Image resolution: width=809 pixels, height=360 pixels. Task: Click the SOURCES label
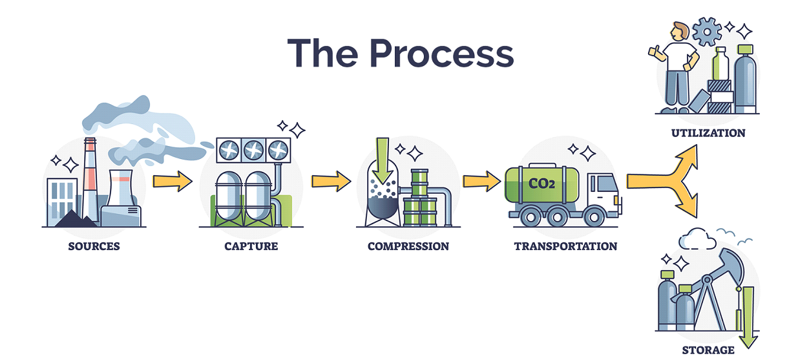click(x=94, y=246)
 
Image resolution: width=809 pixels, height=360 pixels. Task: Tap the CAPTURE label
click(x=251, y=246)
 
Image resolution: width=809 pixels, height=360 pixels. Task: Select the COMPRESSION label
click(x=408, y=246)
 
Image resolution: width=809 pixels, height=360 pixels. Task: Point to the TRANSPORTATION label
click(x=565, y=246)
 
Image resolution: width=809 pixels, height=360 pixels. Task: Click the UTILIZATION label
click(x=708, y=133)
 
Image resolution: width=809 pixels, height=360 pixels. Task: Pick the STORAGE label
click(x=708, y=350)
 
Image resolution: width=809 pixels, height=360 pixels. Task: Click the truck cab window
click(x=607, y=185)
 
